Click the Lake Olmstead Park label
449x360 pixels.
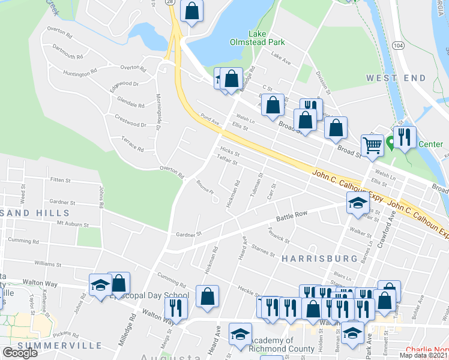point(257,38)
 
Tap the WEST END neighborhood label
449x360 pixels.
point(396,78)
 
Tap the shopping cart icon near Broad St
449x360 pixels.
point(372,144)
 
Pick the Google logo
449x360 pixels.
point(20,353)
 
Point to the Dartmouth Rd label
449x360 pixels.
point(67,52)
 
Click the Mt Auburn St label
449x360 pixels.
point(73,224)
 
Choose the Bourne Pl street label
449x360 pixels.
point(205,191)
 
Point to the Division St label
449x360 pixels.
point(323,84)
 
